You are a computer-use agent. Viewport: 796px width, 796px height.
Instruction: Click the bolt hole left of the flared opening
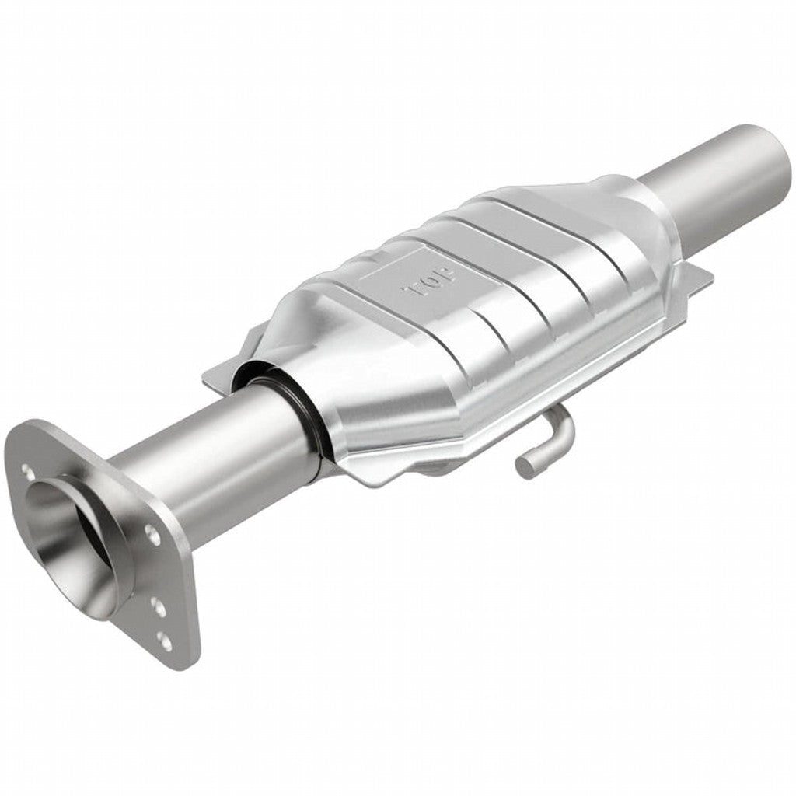[x=28, y=471]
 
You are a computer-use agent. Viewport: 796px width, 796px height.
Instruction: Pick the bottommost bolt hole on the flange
[x=163, y=641]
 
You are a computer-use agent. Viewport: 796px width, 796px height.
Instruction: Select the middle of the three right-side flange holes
[x=159, y=607]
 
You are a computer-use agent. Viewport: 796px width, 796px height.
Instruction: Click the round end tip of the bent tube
[x=525, y=466]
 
